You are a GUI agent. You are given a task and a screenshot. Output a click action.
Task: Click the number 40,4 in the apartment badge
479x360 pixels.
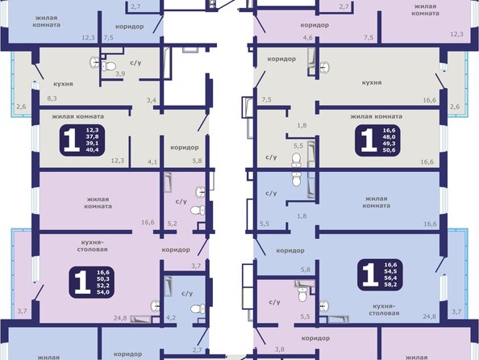92,150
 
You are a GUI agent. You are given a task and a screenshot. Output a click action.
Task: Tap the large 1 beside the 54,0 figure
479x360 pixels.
82,283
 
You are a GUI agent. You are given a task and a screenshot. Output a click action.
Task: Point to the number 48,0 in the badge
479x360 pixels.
389,137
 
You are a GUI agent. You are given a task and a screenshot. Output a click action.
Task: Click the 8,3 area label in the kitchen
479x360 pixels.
52,98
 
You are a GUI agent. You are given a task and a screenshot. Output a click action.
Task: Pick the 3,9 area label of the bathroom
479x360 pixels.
120,73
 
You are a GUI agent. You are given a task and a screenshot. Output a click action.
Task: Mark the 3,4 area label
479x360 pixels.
152,100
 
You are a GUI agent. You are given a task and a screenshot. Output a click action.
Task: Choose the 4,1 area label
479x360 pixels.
152,161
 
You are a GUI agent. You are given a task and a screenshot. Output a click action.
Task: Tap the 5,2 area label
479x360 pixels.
173,224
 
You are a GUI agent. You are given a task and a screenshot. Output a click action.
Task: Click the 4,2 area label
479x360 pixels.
171,318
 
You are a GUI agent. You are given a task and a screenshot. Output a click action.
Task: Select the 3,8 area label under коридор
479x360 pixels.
280,349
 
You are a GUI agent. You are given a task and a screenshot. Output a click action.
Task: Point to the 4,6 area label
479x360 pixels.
307,38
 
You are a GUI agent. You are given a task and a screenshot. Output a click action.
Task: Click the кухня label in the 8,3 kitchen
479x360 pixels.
63,84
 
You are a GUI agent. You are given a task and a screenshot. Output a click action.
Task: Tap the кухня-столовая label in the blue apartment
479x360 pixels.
384,309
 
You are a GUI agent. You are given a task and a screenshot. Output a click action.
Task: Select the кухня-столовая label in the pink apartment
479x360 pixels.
92,246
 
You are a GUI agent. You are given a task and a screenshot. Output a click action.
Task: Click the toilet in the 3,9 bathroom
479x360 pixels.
108,65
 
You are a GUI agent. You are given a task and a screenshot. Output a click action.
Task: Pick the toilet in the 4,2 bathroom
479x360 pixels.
198,308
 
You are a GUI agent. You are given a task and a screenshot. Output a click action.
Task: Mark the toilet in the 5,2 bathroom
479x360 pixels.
198,210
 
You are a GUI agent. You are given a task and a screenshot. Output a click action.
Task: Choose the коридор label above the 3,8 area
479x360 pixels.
315,338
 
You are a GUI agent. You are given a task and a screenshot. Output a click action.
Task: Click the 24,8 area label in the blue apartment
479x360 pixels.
429,316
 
